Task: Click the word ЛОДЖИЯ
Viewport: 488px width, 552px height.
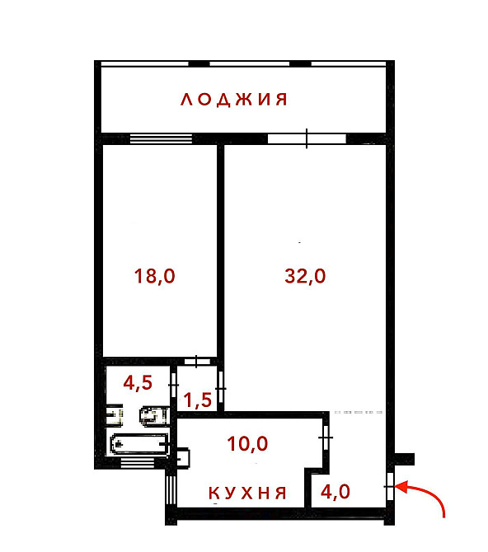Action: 235,101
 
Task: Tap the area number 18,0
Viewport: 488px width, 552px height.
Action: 155,276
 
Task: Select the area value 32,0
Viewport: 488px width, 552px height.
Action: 305,276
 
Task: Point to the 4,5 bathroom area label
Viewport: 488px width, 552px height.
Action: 138,383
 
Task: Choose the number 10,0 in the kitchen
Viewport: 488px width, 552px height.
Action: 247,444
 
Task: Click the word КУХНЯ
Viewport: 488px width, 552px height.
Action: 246,494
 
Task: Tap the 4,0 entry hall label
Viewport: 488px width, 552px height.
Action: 335,493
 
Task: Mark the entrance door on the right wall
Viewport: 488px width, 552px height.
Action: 389,487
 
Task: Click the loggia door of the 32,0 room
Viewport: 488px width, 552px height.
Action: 306,138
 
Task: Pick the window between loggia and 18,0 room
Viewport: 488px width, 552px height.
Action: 161,138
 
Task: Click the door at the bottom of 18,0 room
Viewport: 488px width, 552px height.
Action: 196,361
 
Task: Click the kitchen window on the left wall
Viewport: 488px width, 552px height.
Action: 171,490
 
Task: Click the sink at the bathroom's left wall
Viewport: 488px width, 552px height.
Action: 115,414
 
